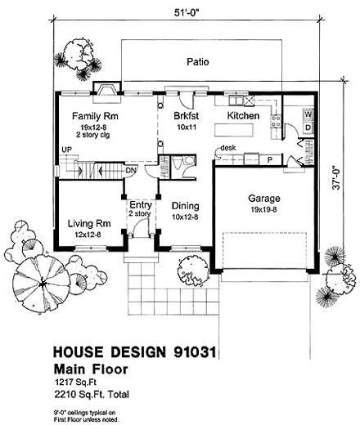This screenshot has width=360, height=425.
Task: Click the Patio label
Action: [198, 61]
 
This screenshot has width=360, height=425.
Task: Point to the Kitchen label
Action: [243, 117]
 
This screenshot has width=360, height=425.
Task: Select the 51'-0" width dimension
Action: [185, 12]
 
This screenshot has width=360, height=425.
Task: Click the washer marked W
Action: [308, 114]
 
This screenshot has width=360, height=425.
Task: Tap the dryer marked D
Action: [308, 127]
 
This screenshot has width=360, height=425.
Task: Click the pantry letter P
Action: [269, 159]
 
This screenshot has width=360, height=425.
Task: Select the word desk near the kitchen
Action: [228, 148]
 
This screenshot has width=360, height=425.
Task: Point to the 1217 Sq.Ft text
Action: [75, 382]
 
